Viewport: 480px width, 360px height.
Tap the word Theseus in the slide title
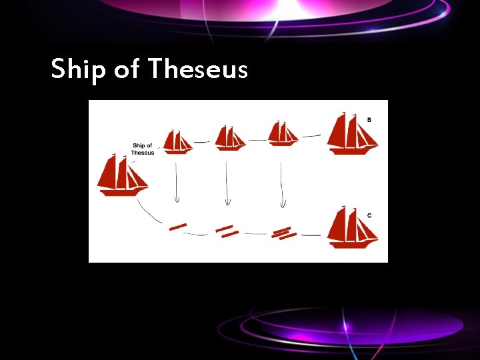pos(198,68)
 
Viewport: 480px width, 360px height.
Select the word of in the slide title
pos(127,68)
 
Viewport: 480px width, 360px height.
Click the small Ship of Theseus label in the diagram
pos(143,149)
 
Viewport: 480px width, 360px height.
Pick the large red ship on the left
pos(122,175)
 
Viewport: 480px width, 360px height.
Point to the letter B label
pos(369,120)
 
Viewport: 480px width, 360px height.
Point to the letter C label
pos(369,215)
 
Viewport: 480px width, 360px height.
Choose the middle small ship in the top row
pos(229,139)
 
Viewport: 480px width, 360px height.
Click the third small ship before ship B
pos(283,134)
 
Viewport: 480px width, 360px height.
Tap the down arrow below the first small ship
pos(177,181)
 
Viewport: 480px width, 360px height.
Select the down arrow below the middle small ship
pos(227,184)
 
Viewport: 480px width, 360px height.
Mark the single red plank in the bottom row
pos(178,227)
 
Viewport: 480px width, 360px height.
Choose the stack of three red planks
pos(285,233)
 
